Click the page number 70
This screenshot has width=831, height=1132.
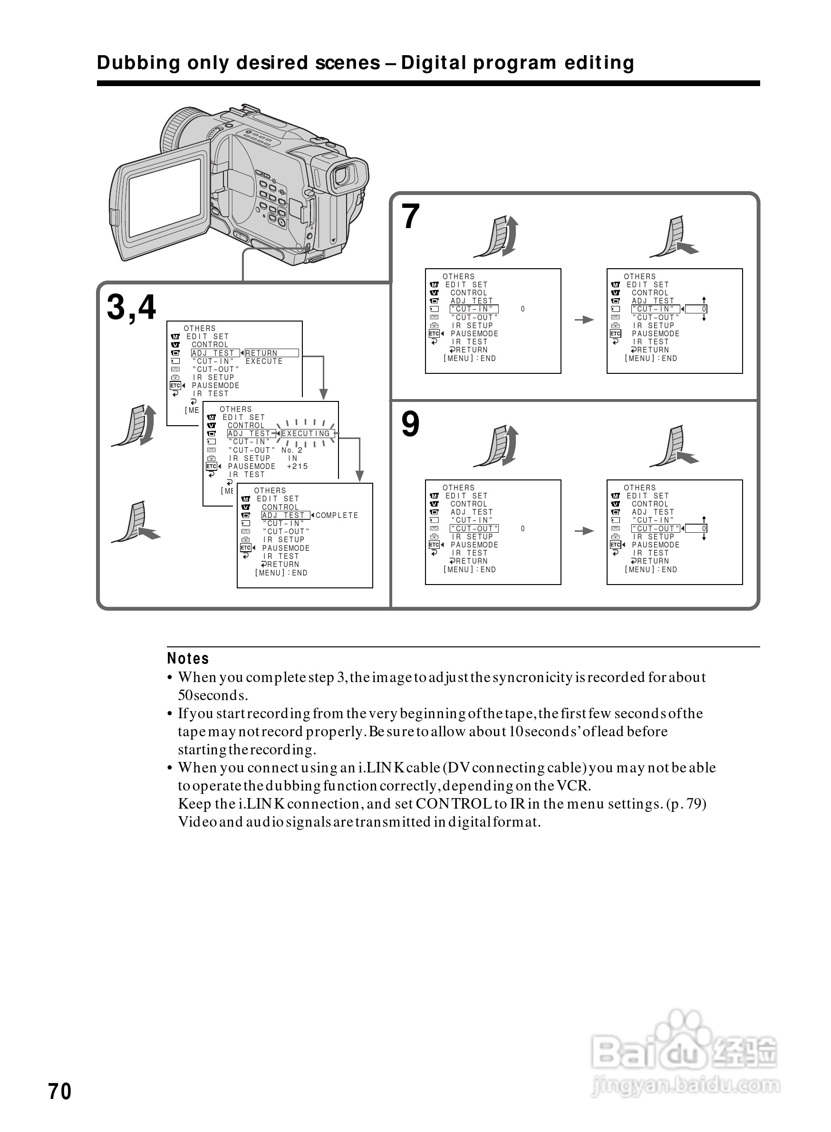[x=59, y=1092]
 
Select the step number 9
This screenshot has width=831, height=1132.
[x=410, y=424]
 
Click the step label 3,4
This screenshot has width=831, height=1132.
[x=131, y=307]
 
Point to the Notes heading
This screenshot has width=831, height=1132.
[x=188, y=658]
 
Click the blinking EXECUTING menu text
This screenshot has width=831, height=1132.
[x=305, y=433]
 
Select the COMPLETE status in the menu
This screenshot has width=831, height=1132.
[x=337, y=516]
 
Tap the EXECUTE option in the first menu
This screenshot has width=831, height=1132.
[x=263, y=361]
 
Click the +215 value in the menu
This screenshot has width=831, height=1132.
[x=297, y=467]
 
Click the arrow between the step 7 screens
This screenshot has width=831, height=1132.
[x=584, y=320]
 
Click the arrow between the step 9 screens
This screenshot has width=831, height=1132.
[x=584, y=530]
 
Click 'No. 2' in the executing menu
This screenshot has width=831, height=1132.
[x=292, y=450]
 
